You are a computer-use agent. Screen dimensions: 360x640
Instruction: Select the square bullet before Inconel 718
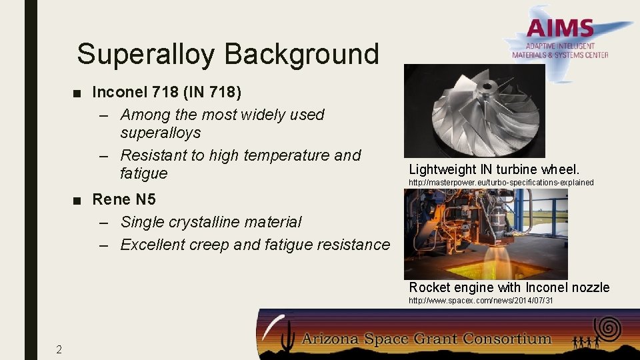click(x=79, y=91)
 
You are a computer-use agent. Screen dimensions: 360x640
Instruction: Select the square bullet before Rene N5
click(x=79, y=199)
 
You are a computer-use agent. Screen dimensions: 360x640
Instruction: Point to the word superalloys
click(x=160, y=133)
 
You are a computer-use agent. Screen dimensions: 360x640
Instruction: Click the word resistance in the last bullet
click(x=352, y=245)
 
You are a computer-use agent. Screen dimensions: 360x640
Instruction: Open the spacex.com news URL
click(x=480, y=301)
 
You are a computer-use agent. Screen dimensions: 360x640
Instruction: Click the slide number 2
click(x=59, y=349)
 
